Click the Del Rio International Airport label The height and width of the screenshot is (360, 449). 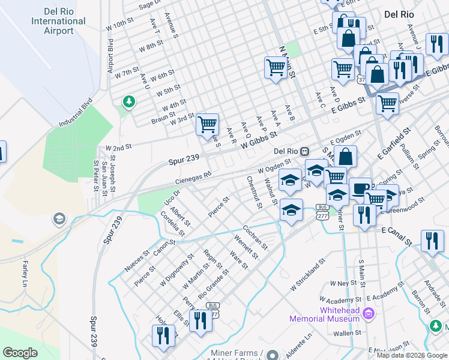pyautogui.click(x=58, y=21)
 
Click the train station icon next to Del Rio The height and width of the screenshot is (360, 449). pyautogui.click(x=305, y=151)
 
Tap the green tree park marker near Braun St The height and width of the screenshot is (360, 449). pyautogui.click(x=128, y=102)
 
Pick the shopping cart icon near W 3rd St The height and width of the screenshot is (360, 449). pyautogui.click(x=207, y=125)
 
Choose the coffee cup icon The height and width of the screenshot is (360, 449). pyautogui.click(x=360, y=188)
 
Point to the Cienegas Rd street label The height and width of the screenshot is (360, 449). pyautogui.click(x=193, y=178)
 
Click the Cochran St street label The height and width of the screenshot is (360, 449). pyautogui.click(x=255, y=238)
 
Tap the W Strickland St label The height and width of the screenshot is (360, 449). pyautogui.click(x=307, y=275)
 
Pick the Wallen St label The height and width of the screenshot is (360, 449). pyautogui.click(x=347, y=332)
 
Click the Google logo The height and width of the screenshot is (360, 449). pyautogui.click(x=20, y=352)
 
